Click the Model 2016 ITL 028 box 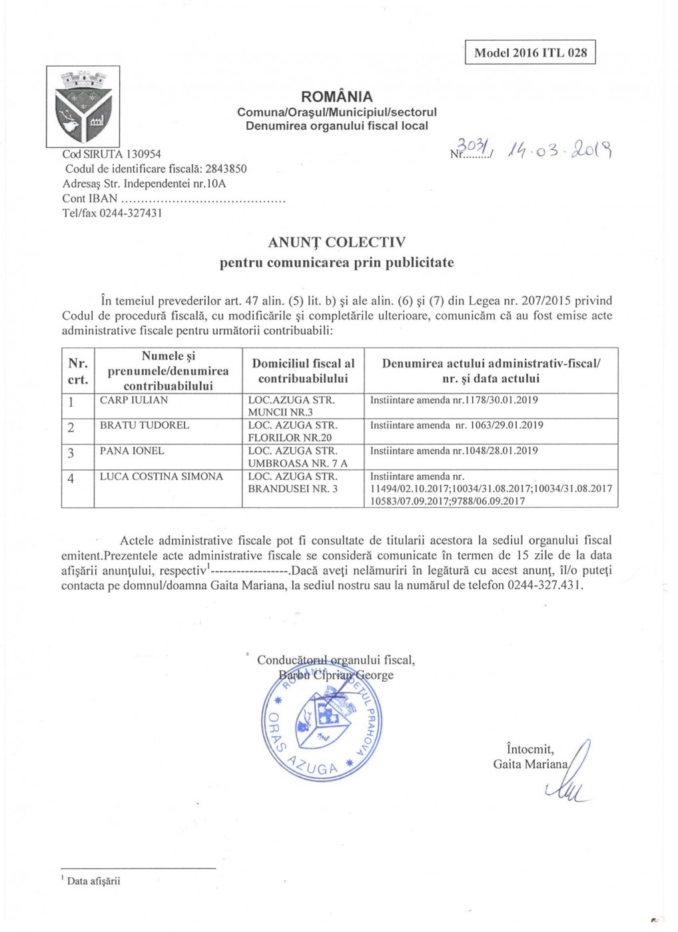[x=530, y=53]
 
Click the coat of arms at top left [x=83, y=107]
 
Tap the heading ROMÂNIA [x=337, y=97]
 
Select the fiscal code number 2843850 [x=226, y=169]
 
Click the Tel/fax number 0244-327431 [x=131, y=213]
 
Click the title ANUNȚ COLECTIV [x=336, y=242]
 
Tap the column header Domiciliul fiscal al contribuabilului [x=303, y=371]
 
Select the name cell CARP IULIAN [x=134, y=400]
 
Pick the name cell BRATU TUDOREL [x=145, y=425]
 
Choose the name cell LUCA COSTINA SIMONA [x=162, y=477]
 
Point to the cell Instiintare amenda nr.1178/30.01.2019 [x=454, y=400]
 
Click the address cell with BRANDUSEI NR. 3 [x=293, y=483]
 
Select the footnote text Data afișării [x=94, y=881]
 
